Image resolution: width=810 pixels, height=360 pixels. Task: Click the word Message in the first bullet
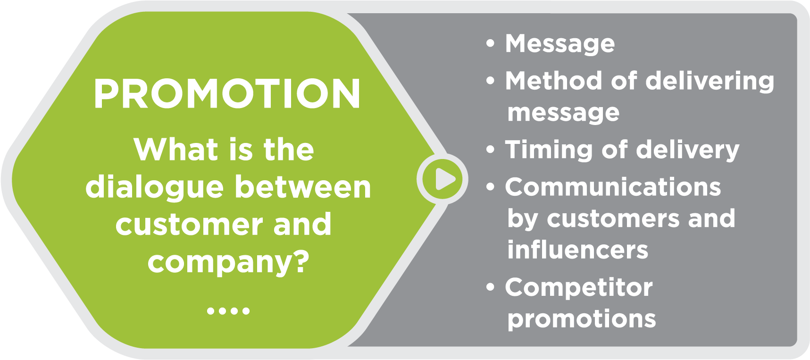pyautogui.click(x=560, y=44)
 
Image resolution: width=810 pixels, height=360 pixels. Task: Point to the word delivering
pyautogui.click(x=710, y=82)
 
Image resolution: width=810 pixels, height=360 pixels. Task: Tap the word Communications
pyautogui.click(x=613, y=187)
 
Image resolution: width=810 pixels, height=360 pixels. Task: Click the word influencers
pyautogui.click(x=578, y=250)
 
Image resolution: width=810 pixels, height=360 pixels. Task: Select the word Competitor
pyautogui.click(x=579, y=288)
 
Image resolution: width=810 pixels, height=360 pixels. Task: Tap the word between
pyautogui.click(x=303, y=187)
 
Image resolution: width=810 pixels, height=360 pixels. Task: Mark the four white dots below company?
pyautogui.click(x=228, y=311)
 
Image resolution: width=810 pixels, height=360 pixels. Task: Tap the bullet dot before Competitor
pyautogui.click(x=491, y=287)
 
